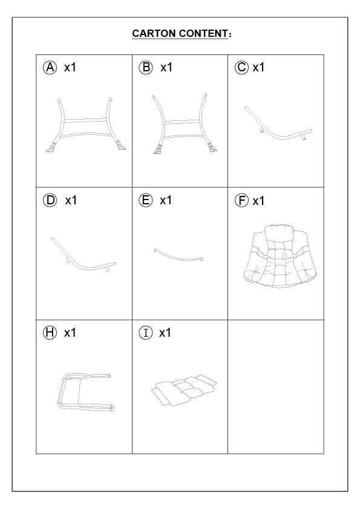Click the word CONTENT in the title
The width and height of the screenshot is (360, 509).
(x=203, y=33)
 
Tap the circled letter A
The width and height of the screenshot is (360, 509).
(x=50, y=68)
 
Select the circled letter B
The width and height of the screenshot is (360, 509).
(x=146, y=68)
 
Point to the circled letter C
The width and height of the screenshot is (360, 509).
(x=241, y=68)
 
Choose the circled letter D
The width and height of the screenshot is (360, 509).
(x=50, y=200)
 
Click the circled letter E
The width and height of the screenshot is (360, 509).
(x=146, y=200)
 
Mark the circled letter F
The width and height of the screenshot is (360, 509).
(x=241, y=200)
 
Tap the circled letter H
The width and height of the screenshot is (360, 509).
(x=50, y=333)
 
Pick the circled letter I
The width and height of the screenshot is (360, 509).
(x=146, y=333)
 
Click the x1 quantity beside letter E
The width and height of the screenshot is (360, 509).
(x=166, y=201)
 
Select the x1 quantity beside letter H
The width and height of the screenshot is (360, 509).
(x=70, y=333)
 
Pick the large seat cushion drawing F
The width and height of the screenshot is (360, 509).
(x=280, y=256)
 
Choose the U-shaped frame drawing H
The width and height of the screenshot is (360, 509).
(x=60, y=393)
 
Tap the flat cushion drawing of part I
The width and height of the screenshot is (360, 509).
(x=184, y=389)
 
